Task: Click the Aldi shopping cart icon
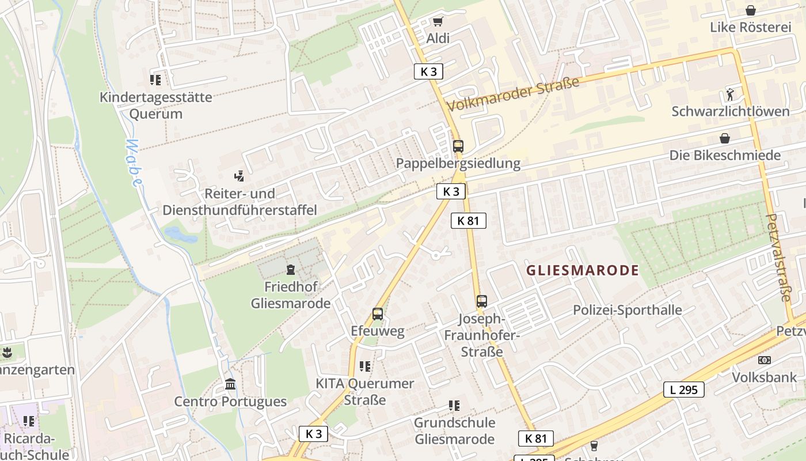[x=438, y=22]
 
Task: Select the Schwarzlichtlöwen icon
[x=730, y=94]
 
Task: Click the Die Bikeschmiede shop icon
[x=724, y=138]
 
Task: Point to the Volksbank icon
[x=764, y=360]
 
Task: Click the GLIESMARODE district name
[x=583, y=270]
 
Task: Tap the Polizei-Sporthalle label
[x=627, y=310]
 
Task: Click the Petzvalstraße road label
[x=778, y=257]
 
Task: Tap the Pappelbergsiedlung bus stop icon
[x=458, y=146]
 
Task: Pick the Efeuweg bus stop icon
[x=377, y=314]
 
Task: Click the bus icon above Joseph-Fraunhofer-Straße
[x=481, y=301]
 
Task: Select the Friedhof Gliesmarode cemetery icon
[x=290, y=269]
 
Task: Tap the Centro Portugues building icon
[x=230, y=384]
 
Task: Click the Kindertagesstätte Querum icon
[x=155, y=80]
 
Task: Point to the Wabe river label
[x=135, y=163]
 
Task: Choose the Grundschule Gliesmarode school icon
[x=454, y=406]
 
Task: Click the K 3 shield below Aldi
[x=429, y=71]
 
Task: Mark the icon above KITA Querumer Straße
[x=364, y=366]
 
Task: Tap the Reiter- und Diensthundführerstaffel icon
[x=239, y=176]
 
